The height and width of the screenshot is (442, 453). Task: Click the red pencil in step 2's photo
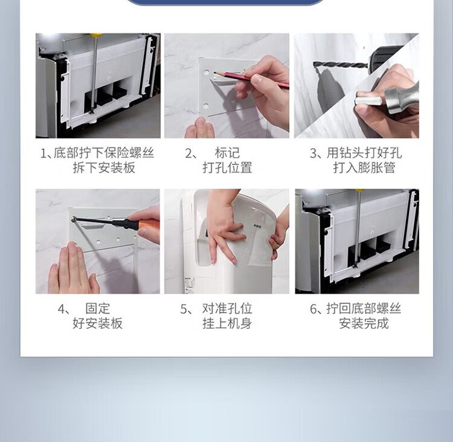[251, 79]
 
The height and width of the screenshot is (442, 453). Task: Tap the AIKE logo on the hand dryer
[257, 226]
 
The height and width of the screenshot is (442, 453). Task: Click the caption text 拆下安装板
[104, 167]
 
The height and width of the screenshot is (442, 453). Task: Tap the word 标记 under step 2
[227, 153]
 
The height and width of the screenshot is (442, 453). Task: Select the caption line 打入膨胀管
[364, 167]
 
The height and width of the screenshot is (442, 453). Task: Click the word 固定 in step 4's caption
[98, 308]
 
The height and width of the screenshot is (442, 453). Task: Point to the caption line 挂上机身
[227, 323]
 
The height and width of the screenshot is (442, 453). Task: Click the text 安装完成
[364, 323]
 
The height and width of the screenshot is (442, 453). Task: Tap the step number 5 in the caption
[184, 309]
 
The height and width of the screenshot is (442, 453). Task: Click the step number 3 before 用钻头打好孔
[313, 153]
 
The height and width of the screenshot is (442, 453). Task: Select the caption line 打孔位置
[227, 167]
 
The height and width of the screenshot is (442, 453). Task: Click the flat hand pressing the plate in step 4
[74, 269]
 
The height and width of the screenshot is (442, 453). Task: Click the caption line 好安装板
[98, 323]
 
